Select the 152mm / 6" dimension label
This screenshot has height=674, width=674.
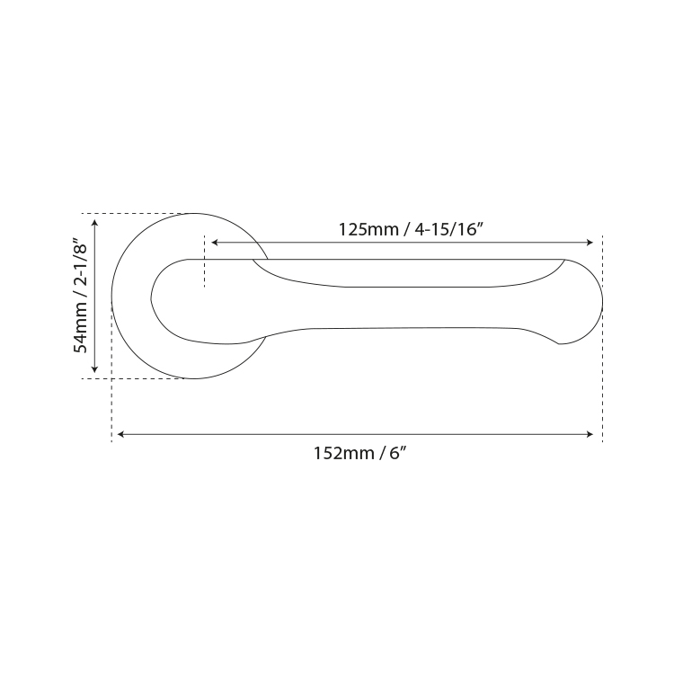click(x=359, y=454)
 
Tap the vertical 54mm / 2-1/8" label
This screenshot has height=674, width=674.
click(x=80, y=295)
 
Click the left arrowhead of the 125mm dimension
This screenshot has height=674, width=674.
click(x=215, y=243)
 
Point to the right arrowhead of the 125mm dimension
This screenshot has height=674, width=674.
click(x=590, y=243)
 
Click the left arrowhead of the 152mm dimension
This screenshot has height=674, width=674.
click(x=120, y=434)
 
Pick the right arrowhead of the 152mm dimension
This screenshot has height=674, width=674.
click(x=590, y=434)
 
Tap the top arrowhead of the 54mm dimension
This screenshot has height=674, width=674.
click(x=95, y=222)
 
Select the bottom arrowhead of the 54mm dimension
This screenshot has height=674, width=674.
click(x=95, y=369)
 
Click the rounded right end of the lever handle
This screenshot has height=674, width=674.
click(x=602, y=303)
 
